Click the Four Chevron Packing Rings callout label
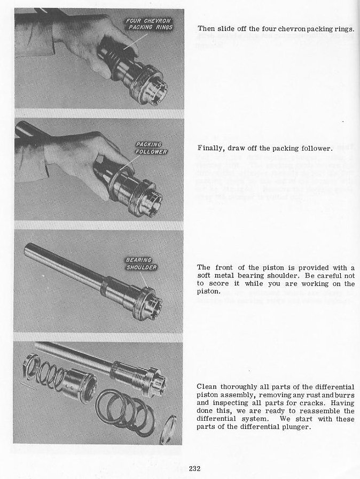pos(148,25)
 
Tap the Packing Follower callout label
pos(151,148)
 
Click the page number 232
pos(194,469)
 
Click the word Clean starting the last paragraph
pos(207,387)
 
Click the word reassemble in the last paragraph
pos(323,411)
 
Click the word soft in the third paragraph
pos(206,275)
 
